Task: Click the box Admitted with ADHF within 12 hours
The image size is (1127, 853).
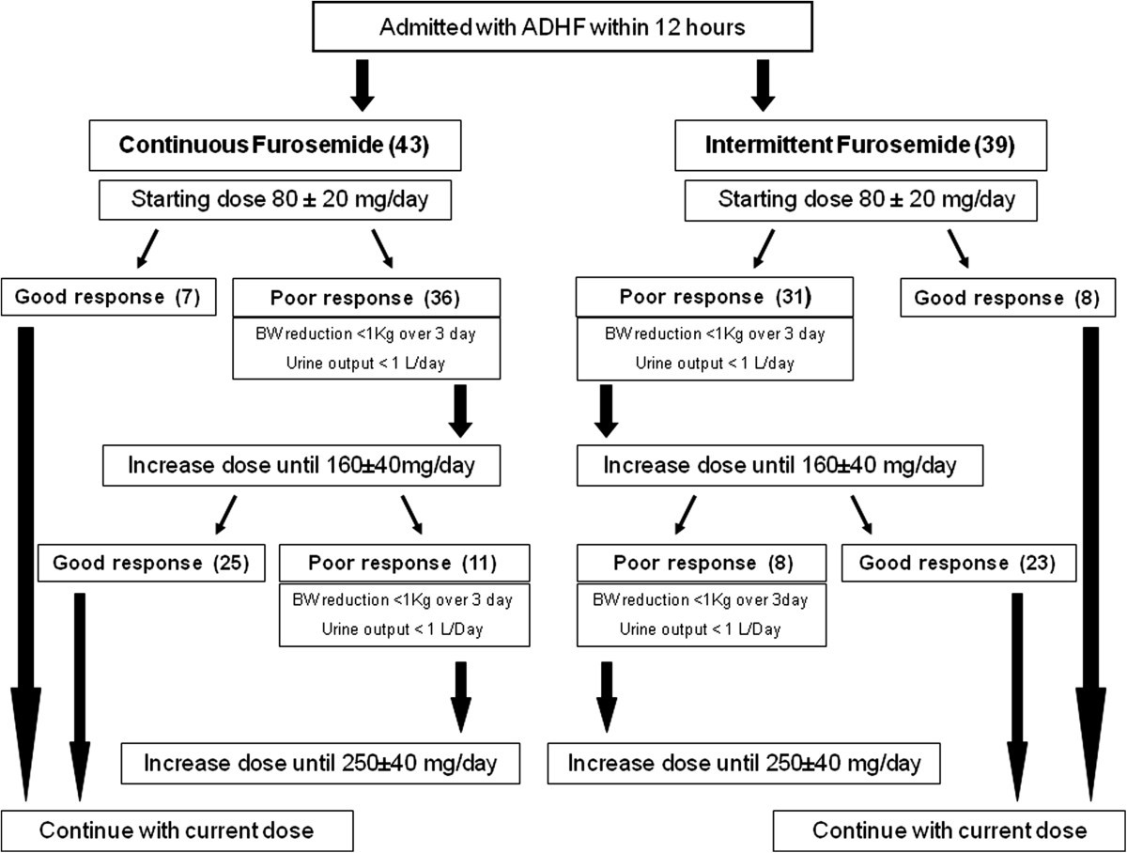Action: pyautogui.click(x=562, y=26)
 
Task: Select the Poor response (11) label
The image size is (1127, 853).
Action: pyautogui.click(x=404, y=563)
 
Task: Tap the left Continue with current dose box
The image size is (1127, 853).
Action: pyautogui.click(x=177, y=830)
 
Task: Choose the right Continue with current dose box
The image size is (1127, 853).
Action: pyautogui.click(x=949, y=830)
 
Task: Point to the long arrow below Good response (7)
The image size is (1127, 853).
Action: pyautogui.click(x=26, y=564)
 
